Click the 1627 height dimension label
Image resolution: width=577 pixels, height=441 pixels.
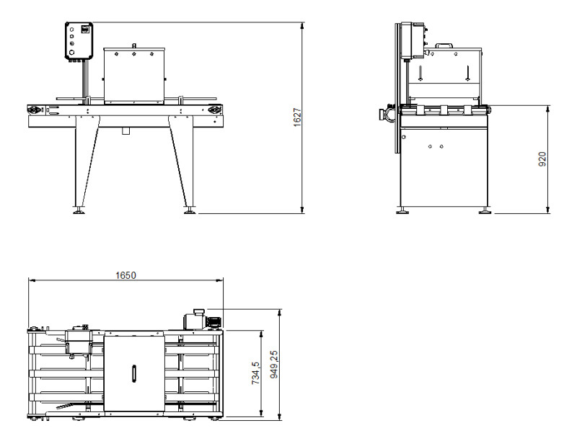pos(297,117)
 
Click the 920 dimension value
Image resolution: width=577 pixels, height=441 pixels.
pos(542,159)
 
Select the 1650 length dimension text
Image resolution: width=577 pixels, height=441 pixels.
pos(125,275)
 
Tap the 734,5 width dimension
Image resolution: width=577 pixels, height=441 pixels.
pos(255,373)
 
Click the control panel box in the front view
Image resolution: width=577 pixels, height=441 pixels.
pos(79,40)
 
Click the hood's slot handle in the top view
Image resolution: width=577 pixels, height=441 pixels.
pos(134,373)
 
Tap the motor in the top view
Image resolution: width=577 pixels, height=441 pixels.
pos(203,320)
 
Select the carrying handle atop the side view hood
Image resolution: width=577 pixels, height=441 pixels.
pos(444,45)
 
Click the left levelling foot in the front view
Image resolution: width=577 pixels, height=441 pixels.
pos(79,210)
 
